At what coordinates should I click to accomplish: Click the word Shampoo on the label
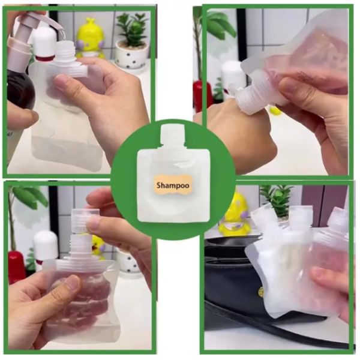pyautogui.click(x=174, y=185)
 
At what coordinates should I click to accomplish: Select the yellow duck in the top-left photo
pyautogui.click(x=91, y=37)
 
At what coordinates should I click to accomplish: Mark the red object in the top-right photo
pyautogui.click(x=199, y=95)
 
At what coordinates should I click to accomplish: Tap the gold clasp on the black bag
pyautogui.click(x=261, y=292)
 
